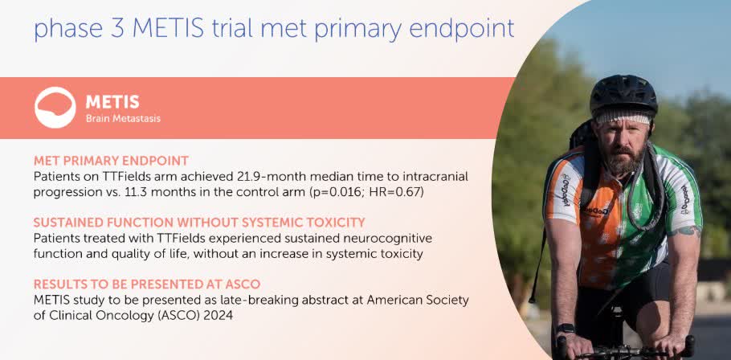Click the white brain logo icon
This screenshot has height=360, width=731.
click(55, 107)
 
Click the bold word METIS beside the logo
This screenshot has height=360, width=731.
click(112, 102)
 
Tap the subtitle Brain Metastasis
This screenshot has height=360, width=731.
click(123, 119)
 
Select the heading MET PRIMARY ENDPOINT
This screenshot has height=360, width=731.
click(111, 162)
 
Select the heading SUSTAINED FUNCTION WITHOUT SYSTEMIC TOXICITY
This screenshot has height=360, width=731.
click(199, 223)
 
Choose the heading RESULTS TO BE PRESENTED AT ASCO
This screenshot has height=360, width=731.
click(147, 284)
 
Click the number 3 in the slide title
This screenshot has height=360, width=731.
click(116, 28)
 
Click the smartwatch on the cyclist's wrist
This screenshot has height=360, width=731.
click(566, 329)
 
